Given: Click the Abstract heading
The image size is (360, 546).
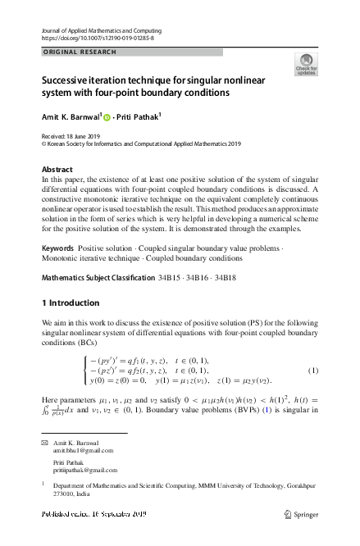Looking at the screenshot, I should pos(57,169).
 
